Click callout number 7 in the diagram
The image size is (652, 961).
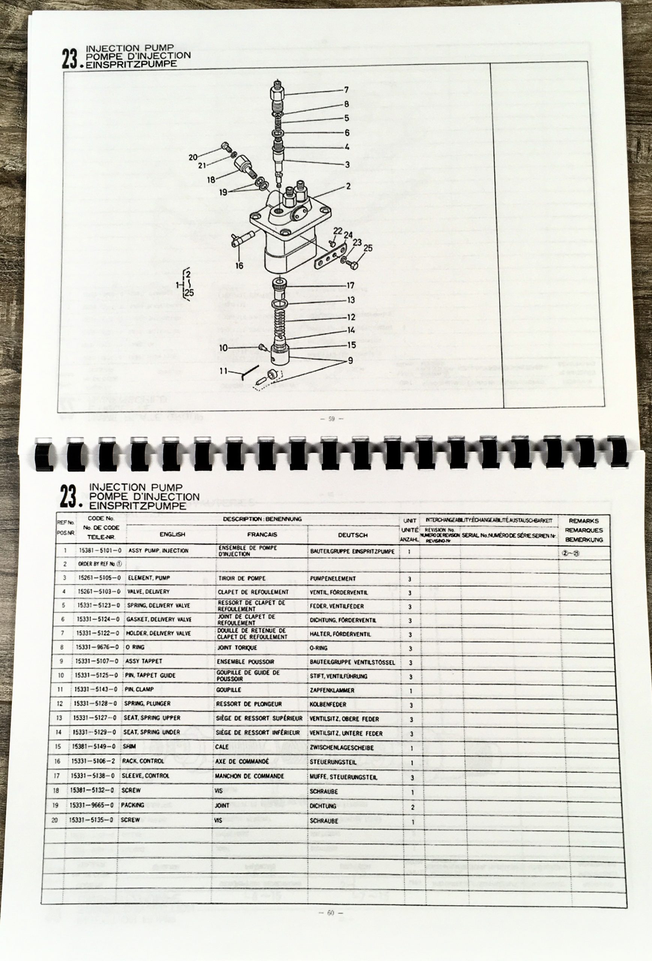click(346, 90)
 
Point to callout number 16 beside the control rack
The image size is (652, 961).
click(239, 266)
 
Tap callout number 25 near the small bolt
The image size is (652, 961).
click(367, 248)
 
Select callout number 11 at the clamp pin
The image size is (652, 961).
click(224, 371)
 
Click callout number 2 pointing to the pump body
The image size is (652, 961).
click(348, 187)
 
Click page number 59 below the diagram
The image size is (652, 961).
click(331, 419)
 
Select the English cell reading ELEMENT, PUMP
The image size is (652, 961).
click(149, 578)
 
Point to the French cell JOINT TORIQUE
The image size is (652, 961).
click(237, 648)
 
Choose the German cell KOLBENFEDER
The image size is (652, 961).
click(328, 704)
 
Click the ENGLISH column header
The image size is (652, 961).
click(172, 534)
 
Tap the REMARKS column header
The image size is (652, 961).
click(583, 521)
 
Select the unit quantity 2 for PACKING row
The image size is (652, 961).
click(412, 807)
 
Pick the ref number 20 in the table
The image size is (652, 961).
click(55, 820)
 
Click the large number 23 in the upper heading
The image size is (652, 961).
click(70, 59)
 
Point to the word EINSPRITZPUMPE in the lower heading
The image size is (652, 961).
click(138, 506)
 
